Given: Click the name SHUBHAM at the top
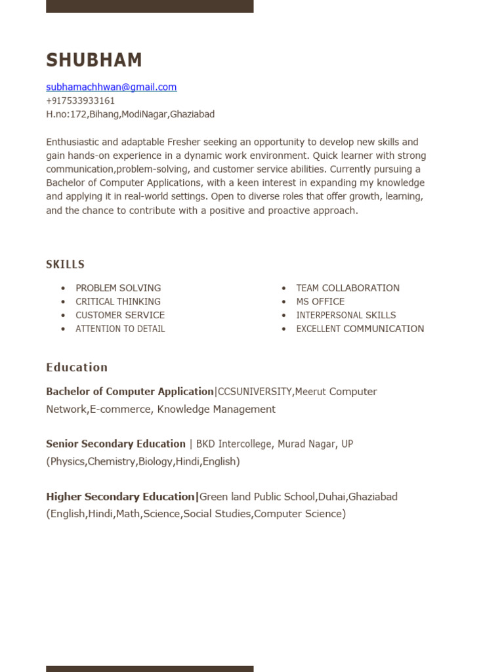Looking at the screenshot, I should (x=94, y=60).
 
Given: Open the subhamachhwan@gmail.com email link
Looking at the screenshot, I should (x=111, y=87).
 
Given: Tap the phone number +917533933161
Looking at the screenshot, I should (x=80, y=100).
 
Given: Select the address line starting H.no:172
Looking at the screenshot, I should (x=130, y=114).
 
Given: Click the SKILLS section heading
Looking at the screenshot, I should (x=65, y=264).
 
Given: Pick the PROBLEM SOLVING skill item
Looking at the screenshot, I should (x=118, y=288).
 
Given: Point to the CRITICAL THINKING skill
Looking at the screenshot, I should (x=118, y=302).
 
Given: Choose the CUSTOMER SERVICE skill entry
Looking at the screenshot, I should (x=120, y=315).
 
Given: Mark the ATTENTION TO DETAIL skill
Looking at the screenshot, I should (x=120, y=329).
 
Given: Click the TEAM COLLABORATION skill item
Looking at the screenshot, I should (x=348, y=288).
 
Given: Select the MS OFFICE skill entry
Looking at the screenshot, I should (x=320, y=302).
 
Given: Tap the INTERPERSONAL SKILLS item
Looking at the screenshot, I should (x=346, y=315).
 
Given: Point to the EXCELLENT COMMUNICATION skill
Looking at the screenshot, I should (x=360, y=329).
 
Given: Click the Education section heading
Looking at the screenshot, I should (x=77, y=367).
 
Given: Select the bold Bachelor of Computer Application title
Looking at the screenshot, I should (x=130, y=392).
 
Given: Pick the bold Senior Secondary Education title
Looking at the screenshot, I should (x=115, y=444).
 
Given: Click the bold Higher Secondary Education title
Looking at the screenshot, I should (x=121, y=497).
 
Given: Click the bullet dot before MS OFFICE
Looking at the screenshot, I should (x=284, y=302).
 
